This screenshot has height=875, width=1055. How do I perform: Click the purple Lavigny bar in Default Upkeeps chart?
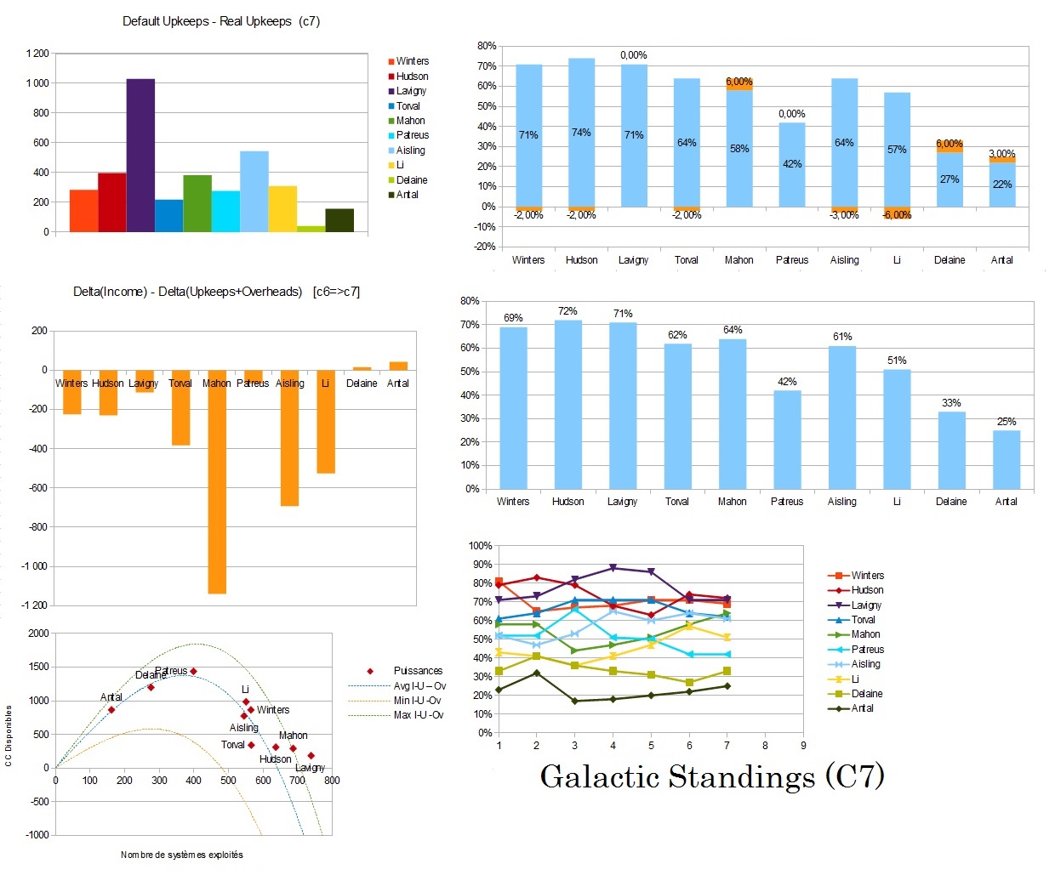point(140,155)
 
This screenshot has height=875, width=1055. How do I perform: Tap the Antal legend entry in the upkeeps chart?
point(407,195)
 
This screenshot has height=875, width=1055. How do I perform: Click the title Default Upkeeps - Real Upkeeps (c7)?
point(221,21)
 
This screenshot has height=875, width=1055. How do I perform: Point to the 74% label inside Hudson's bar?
point(581,133)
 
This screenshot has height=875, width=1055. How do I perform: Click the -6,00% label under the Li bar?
point(897,215)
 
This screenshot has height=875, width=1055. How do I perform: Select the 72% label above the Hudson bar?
point(567,311)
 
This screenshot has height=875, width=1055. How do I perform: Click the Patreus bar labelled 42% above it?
point(787,439)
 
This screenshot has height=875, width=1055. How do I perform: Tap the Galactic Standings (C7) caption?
point(712,776)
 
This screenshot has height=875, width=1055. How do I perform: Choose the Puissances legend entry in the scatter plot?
point(417,671)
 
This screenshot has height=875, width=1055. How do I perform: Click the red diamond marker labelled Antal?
point(111,709)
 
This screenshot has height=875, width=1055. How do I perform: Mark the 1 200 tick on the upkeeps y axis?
point(37,54)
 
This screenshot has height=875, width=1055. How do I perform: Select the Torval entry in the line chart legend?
point(863,620)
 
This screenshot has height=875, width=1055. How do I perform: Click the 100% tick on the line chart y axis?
point(481,546)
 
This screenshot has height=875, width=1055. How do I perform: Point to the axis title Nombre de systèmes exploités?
point(181,855)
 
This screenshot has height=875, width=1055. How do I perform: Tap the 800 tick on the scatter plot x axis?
point(332,781)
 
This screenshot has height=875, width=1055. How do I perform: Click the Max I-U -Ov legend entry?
point(418,715)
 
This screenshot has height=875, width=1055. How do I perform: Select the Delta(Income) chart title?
point(216,292)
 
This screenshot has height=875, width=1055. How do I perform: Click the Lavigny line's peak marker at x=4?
point(613,568)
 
